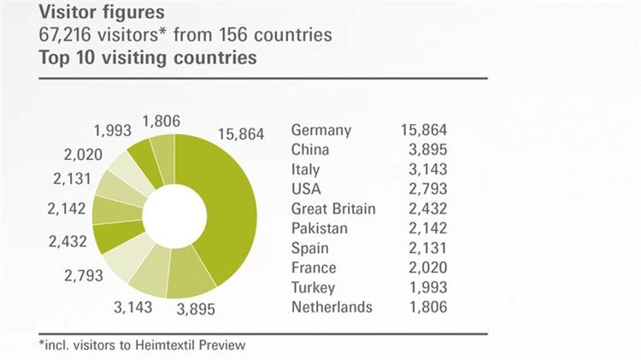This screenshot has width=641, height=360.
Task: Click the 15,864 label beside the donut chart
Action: (242, 134)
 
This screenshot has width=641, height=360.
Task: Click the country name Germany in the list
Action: (321, 131)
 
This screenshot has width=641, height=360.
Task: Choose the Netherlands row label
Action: (332, 307)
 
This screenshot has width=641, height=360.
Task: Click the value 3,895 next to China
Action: (427, 150)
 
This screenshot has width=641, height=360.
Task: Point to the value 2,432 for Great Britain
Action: (427, 210)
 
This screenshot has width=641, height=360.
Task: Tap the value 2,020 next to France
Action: (427, 269)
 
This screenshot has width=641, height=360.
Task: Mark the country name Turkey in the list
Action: (314, 288)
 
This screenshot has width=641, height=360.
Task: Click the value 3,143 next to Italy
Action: (427, 170)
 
